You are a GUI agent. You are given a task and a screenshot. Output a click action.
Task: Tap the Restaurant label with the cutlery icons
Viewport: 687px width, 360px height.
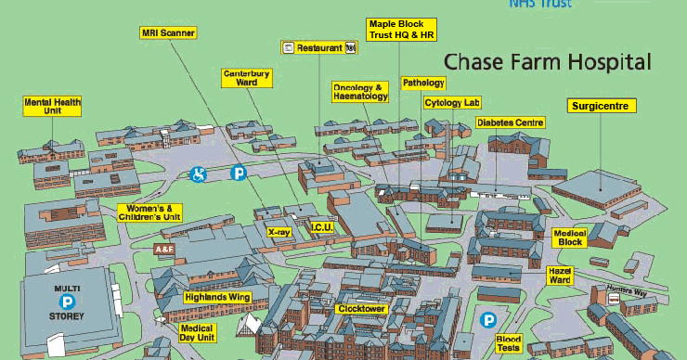point(319,46)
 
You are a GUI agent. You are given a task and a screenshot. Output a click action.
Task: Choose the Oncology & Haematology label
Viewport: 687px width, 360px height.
point(357,92)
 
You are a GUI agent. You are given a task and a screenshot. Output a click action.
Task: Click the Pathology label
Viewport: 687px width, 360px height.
point(423,83)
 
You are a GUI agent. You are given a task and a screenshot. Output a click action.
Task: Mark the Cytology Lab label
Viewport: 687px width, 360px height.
point(452,103)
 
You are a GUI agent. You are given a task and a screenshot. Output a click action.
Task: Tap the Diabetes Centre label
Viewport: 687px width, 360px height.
point(511,122)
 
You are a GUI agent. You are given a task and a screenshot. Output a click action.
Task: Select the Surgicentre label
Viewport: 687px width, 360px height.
point(603,106)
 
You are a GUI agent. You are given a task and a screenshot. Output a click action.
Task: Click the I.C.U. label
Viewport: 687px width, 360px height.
point(321,226)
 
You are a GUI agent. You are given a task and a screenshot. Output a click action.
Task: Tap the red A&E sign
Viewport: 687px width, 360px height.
point(163,250)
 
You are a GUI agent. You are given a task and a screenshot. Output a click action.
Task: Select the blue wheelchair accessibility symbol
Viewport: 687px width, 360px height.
point(198,173)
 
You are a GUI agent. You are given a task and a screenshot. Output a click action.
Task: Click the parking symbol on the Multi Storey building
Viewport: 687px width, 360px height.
point(67,302)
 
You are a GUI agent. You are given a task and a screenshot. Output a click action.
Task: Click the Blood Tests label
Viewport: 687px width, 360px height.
point(509,344)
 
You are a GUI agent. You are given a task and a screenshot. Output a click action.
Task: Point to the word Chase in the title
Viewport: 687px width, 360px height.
point(473,62)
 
